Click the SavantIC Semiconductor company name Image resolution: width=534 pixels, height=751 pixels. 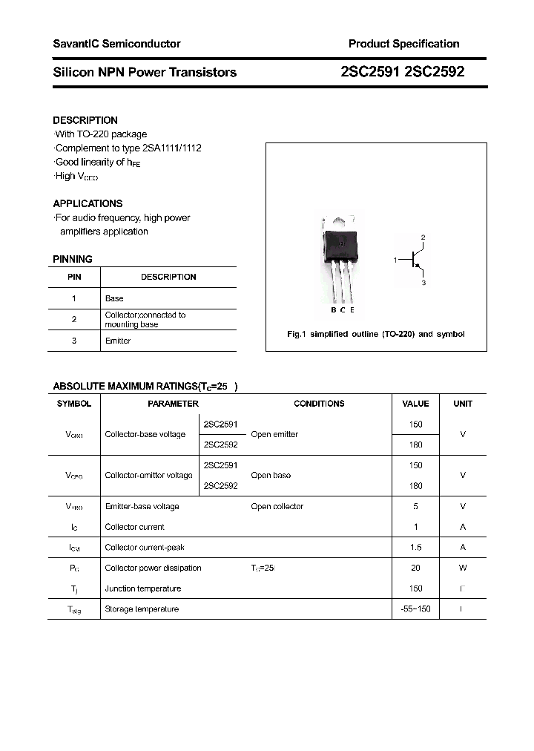(116, 44)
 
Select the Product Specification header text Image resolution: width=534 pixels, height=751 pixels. (403, 44)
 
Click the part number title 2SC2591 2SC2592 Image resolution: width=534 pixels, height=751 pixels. (403, 72)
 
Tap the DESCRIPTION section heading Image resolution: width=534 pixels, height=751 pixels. (85, 120)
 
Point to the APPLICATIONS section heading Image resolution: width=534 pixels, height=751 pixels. (88, 203)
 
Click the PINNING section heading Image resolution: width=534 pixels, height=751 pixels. (73, 259)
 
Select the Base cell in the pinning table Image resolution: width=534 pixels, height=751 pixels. (114, 298)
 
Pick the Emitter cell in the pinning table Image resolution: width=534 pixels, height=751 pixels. (118, 341)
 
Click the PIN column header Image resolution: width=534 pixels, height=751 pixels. (74, 277)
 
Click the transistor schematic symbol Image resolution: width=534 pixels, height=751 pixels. (415, 260)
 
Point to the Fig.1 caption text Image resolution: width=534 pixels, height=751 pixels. (375, 334)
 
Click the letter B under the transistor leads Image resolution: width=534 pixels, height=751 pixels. (334, 310)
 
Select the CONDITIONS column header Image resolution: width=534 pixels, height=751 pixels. (319, 404)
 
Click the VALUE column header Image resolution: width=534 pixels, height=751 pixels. (415, 404)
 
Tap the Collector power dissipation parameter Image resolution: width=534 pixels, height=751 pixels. (153, 568)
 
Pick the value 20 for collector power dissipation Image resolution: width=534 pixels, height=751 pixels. (415, 568)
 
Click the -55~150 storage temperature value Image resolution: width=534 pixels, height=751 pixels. (415, 609)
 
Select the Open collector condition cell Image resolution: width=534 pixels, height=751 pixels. (277, 506)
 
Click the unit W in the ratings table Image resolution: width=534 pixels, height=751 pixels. (463, 568)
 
